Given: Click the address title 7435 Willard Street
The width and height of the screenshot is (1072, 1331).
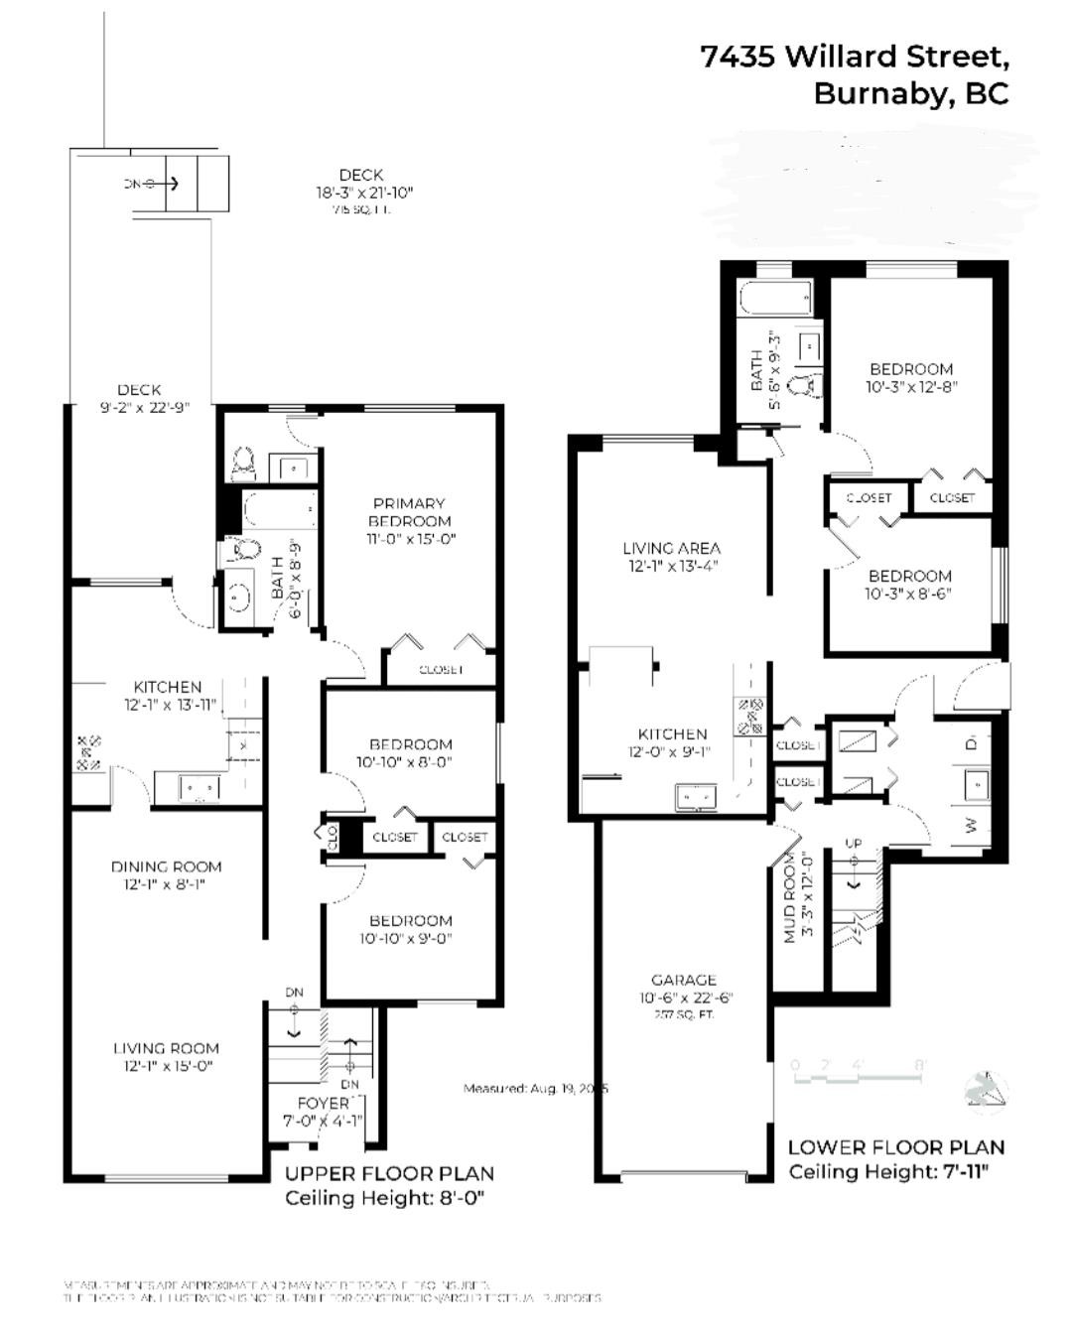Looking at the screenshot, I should click(855, 57).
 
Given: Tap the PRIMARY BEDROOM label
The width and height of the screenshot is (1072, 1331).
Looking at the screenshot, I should click(409, 512).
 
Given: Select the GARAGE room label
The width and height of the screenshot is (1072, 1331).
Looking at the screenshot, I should click(684, 980).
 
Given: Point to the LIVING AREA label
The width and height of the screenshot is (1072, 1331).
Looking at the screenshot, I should click(672, 548).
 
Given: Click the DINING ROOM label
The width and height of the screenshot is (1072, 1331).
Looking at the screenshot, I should click(166, 866).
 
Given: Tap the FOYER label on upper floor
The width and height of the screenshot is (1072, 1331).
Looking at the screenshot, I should click(324, 1103).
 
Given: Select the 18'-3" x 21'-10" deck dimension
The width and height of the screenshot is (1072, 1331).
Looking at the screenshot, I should click(363, 193).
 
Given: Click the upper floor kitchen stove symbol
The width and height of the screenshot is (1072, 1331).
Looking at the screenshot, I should click(89, 752).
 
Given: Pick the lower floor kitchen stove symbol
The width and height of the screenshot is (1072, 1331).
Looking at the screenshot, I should click(749, 716).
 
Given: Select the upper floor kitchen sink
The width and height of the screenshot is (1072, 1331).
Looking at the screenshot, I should click(200, 788).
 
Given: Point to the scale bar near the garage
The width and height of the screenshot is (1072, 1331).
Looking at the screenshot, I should click(859, 1066).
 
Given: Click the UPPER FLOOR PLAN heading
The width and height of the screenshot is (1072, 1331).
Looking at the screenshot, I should click(389, 1173).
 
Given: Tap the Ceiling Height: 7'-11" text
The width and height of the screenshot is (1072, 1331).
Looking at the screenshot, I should click(888, 1172).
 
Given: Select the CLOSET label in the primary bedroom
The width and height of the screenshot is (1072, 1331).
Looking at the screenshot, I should click(441, 670).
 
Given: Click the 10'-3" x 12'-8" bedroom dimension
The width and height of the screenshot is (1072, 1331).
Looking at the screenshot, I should click(911, 387).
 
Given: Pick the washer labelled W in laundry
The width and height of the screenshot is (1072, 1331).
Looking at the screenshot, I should click(973, 825).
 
